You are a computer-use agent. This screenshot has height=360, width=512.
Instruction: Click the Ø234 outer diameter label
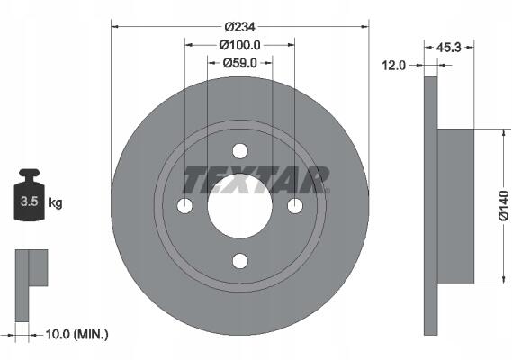[x=239, y=27]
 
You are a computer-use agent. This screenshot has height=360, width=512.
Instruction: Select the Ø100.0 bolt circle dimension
[x=239, y=45]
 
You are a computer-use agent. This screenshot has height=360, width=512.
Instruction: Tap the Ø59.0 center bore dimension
[x=239, y=63]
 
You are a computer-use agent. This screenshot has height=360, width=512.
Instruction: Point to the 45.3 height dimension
[x=448, y=48]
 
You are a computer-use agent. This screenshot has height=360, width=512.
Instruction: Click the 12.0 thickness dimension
[x=393, y=66]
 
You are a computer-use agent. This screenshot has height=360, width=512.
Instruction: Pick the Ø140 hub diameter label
[x=504, y=206]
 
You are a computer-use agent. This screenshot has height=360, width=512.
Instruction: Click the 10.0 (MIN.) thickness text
[x=76, y=334]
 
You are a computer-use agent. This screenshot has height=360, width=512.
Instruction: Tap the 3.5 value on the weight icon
[x=30, y=202]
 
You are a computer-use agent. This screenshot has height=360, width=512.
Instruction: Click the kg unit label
[x=56, y=202]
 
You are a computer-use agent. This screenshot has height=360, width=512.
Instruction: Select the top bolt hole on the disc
[x=240, y=151]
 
